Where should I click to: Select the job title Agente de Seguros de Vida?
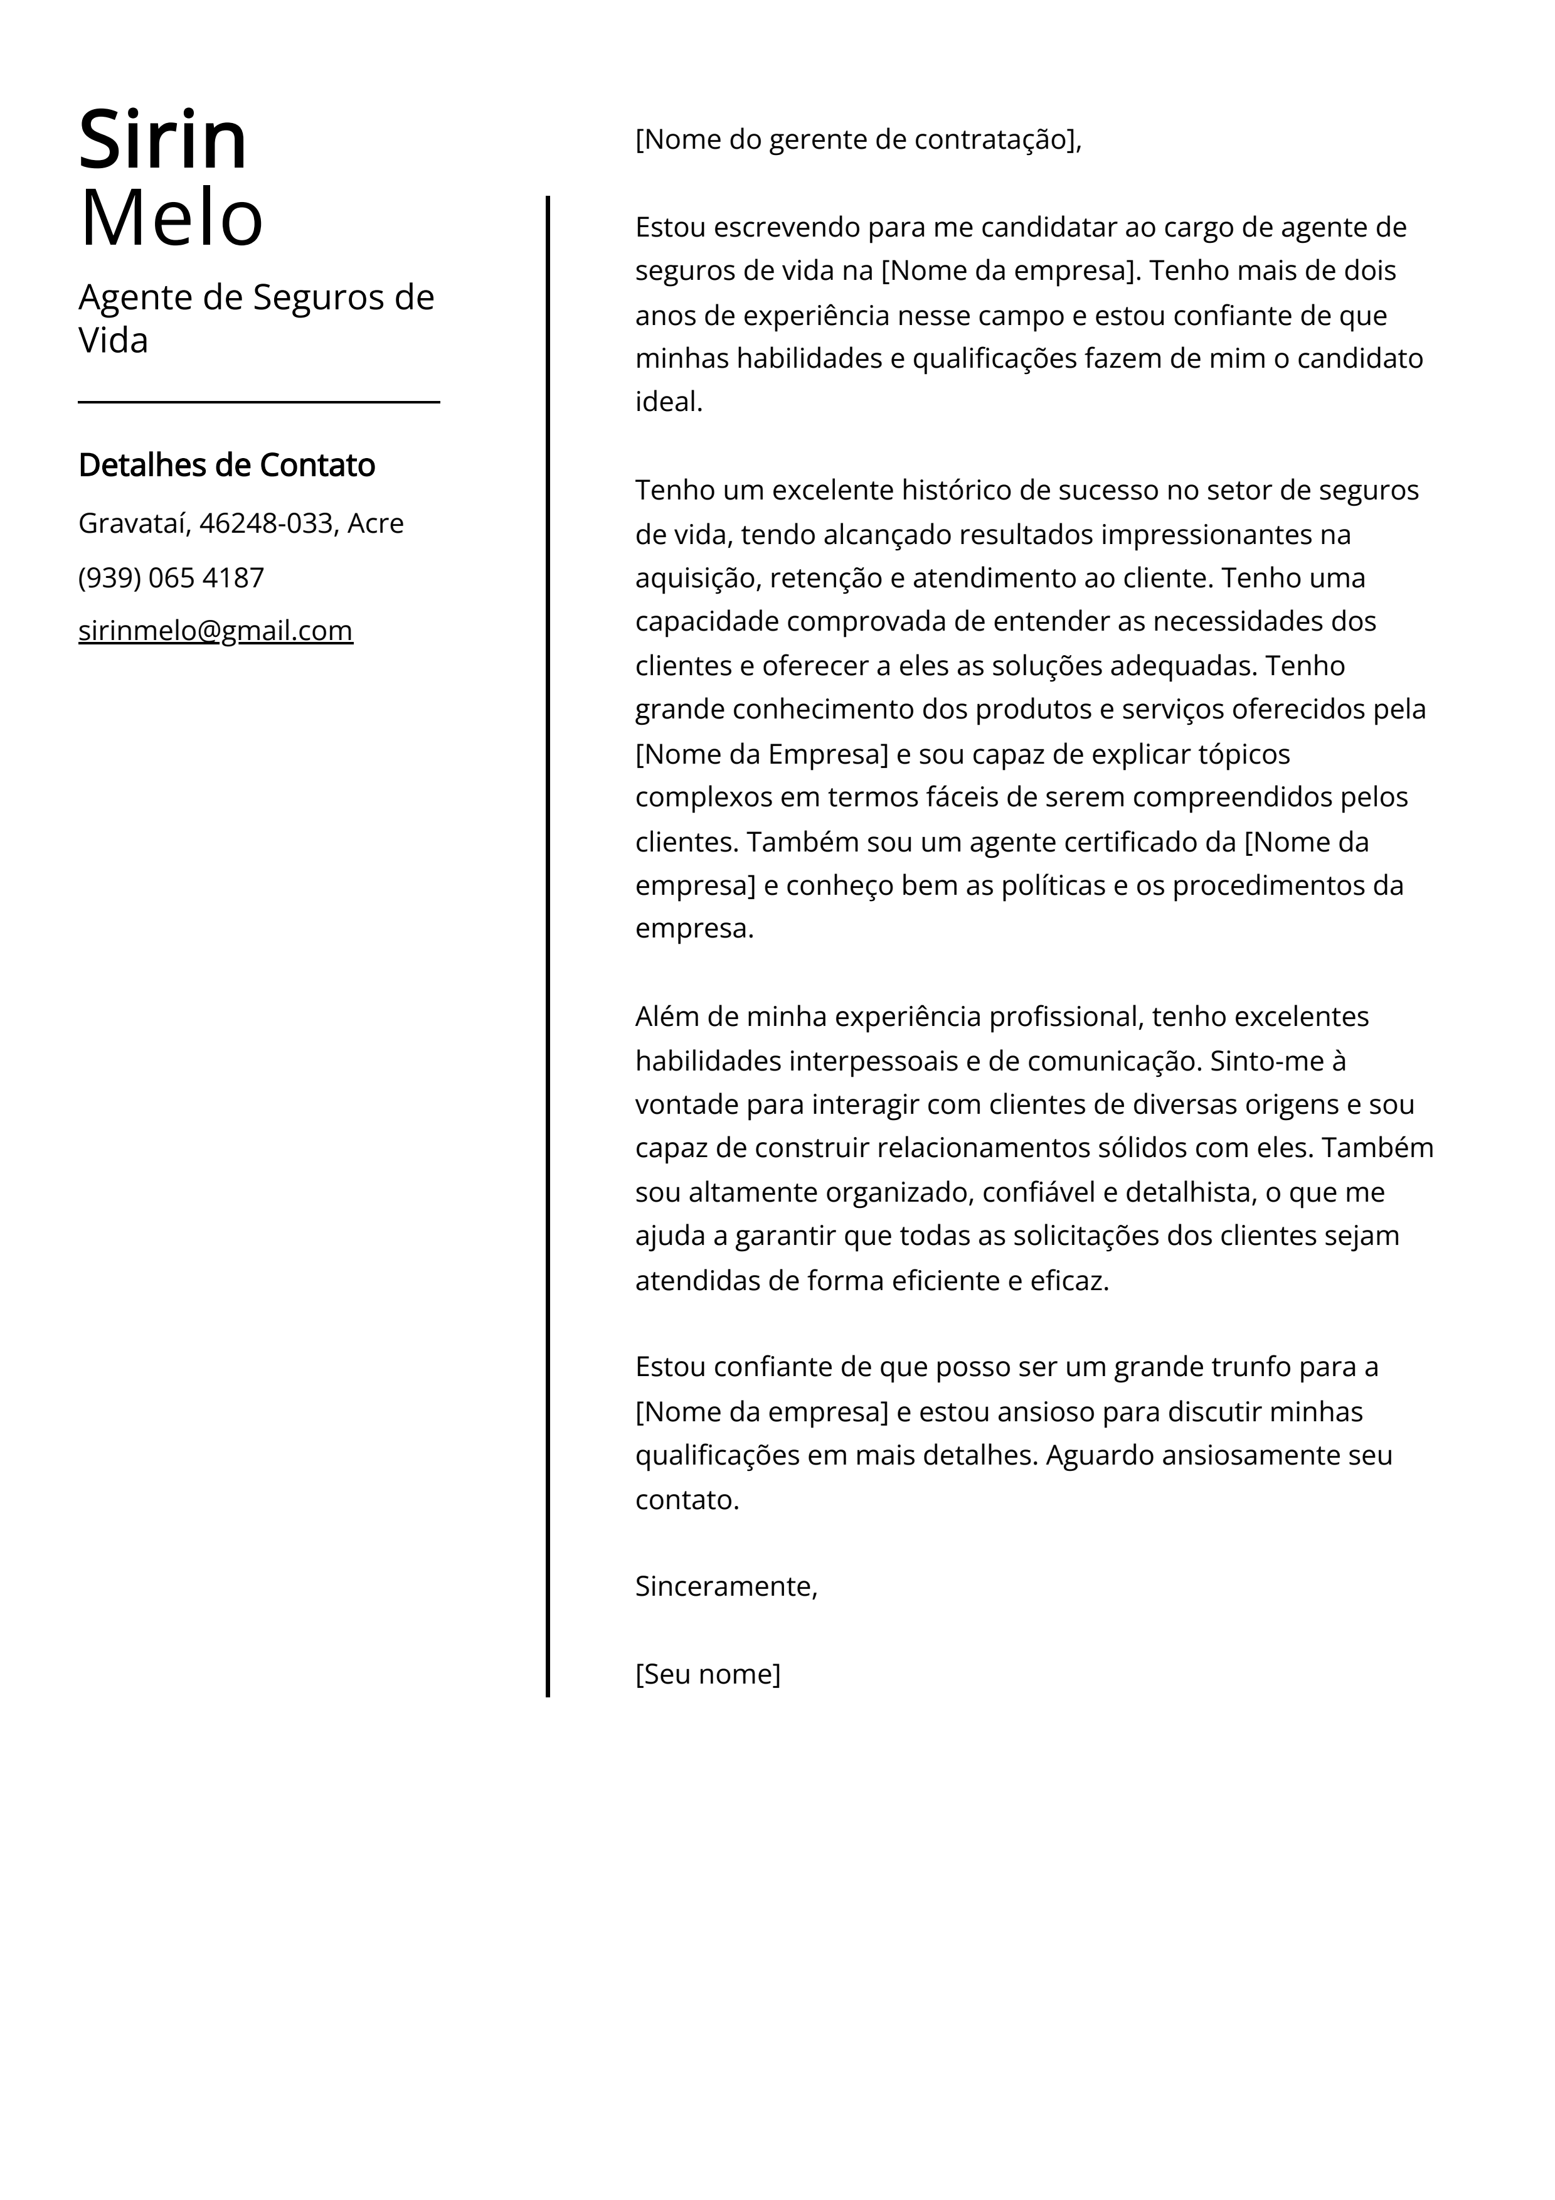tap(256, 318)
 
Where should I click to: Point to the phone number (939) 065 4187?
tap(171, 578)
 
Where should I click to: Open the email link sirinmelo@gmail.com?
tap(216, 631)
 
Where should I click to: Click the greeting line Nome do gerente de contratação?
tap(857, 140)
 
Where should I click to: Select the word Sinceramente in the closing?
tap(724, 1587)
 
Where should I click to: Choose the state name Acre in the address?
tap(376, 523)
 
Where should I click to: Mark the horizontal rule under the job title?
tap(258, 402)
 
